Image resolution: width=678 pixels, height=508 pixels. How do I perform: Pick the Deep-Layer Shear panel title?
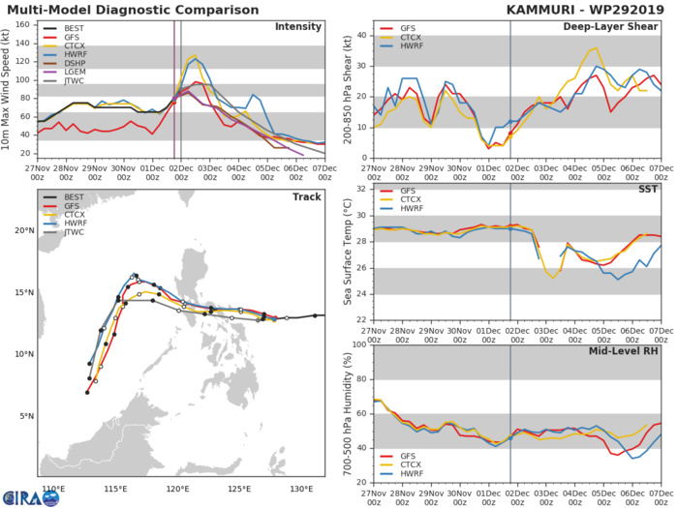pos(609,26)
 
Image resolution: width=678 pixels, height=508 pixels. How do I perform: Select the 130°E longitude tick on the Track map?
pos(301,487)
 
